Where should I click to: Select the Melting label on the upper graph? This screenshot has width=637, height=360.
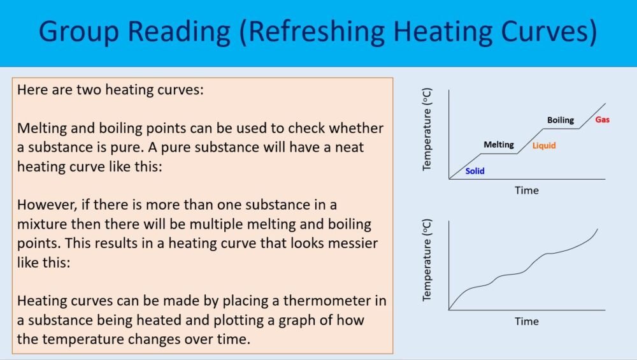pyautogui.click(x=498, y=145)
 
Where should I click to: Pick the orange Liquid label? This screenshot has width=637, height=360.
pyautogui.click(x=544, y=146)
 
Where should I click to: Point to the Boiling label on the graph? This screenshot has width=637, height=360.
pyautogui.click(x=561, y=120)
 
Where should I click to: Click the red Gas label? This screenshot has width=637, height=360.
pyautogui.click(x=602, y=120)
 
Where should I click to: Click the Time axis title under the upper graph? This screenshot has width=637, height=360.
pyautogui.click(x=526, y=191)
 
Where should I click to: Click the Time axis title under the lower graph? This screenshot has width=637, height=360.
pyautogui.click(x=526, y=321)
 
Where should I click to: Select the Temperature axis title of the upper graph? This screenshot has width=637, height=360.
pyautogui.click(x=427, y=130)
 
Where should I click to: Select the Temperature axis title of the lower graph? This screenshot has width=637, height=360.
pyautogui.click(x=427, y=261)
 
